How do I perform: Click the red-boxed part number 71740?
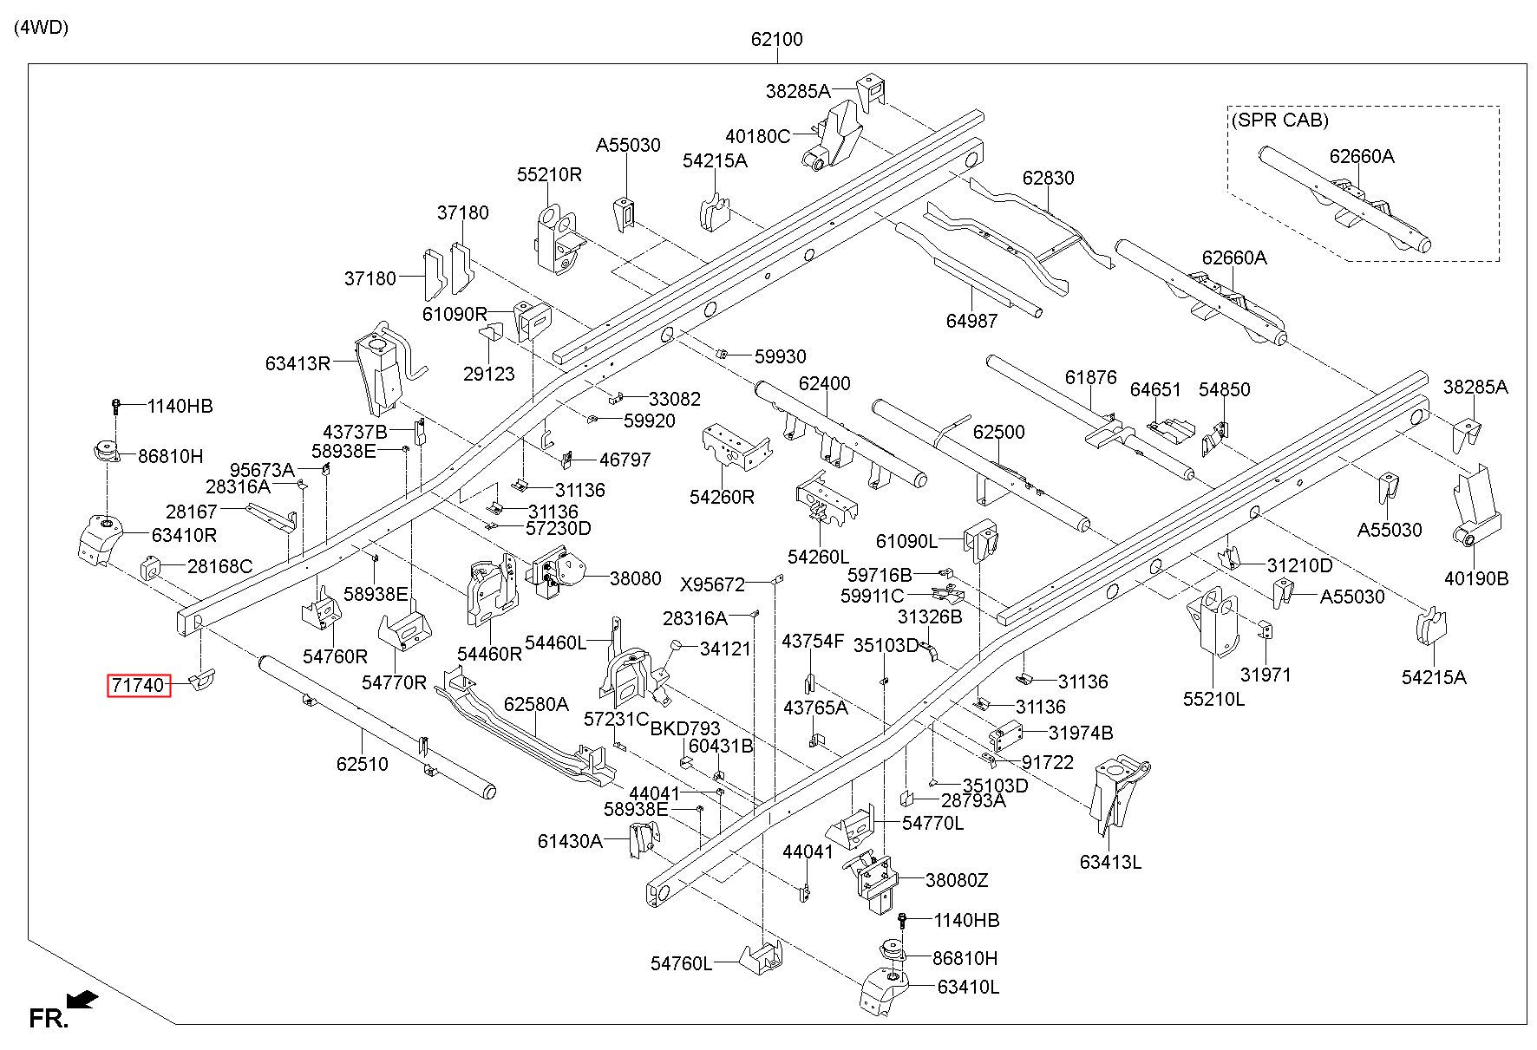pos(136,686)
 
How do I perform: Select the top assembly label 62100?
pos(777,39)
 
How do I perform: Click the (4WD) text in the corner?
pos(41,28)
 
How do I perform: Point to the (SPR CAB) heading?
pos(1279,121)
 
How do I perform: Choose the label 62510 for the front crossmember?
pos(363,764)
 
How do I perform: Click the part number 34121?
pos(725,649)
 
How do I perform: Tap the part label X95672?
pos(712,584)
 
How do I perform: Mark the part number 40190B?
pos(1476,578)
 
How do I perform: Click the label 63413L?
pos(1110,862)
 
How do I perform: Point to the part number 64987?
pos(971,321)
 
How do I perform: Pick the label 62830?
pos(1048,178)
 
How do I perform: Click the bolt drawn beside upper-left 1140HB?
pos(116,406)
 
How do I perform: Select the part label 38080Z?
pos(957,880)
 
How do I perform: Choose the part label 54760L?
pos(682,963)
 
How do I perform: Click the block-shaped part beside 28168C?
pos(153,569)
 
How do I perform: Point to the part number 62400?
pos(825,383)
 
